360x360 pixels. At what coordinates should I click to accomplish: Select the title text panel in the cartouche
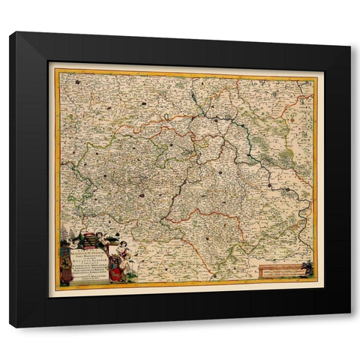coord(91,262)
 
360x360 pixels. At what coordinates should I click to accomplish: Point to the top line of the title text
coord(91,250)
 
